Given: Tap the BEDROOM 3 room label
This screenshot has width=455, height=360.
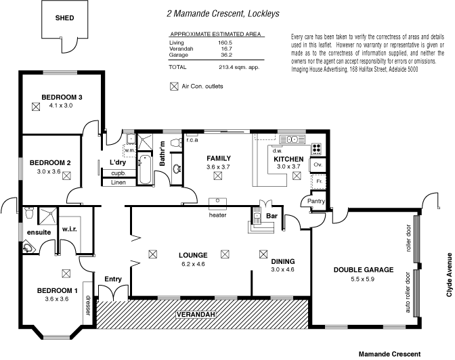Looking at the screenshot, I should [62, 97].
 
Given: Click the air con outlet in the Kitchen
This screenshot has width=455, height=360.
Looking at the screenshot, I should [296, 176].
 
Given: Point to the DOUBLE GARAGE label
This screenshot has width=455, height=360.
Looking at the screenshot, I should [364, 269].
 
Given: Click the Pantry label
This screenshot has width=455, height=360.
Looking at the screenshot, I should [317, 201].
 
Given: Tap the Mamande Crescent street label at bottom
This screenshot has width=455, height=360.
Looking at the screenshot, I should [389, 353].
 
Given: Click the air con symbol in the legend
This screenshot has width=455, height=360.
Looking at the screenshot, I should [175, 86].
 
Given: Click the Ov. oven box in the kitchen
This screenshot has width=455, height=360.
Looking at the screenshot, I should [317, 164].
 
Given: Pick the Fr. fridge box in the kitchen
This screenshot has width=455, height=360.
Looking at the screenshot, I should [317, 182].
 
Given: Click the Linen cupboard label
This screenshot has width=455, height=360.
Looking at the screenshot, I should [118, 183].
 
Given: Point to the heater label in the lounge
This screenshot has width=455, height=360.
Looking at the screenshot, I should [217, 215].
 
